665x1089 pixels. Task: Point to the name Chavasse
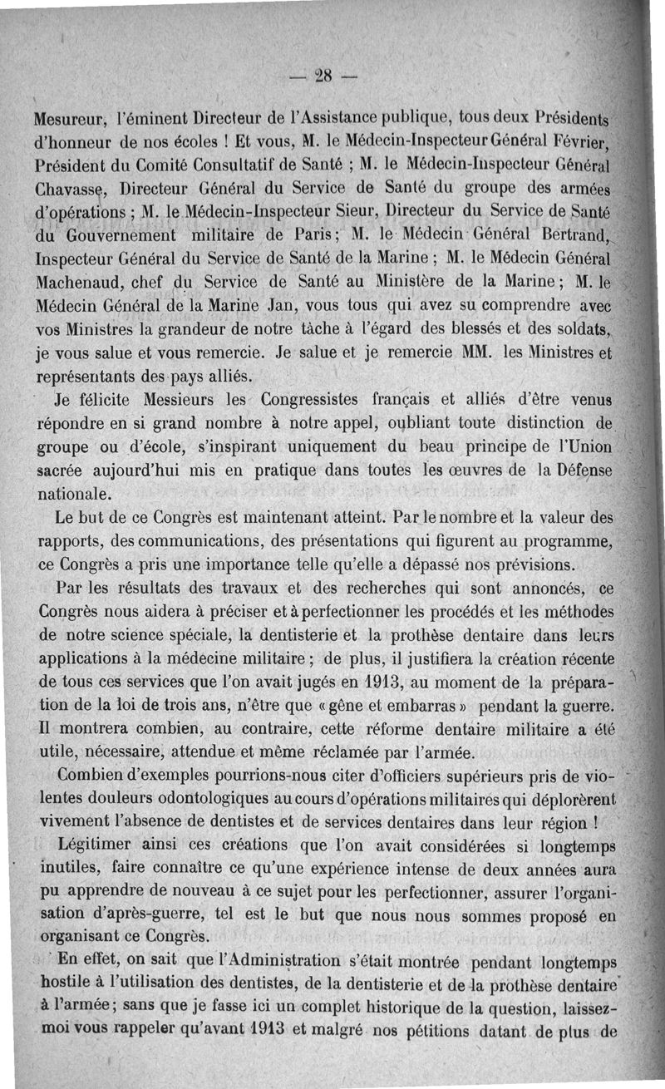click(x=71, y=180)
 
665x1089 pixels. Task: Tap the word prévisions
click(x=526, y=565)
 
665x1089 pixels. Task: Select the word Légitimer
click(x=97, y=846)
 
